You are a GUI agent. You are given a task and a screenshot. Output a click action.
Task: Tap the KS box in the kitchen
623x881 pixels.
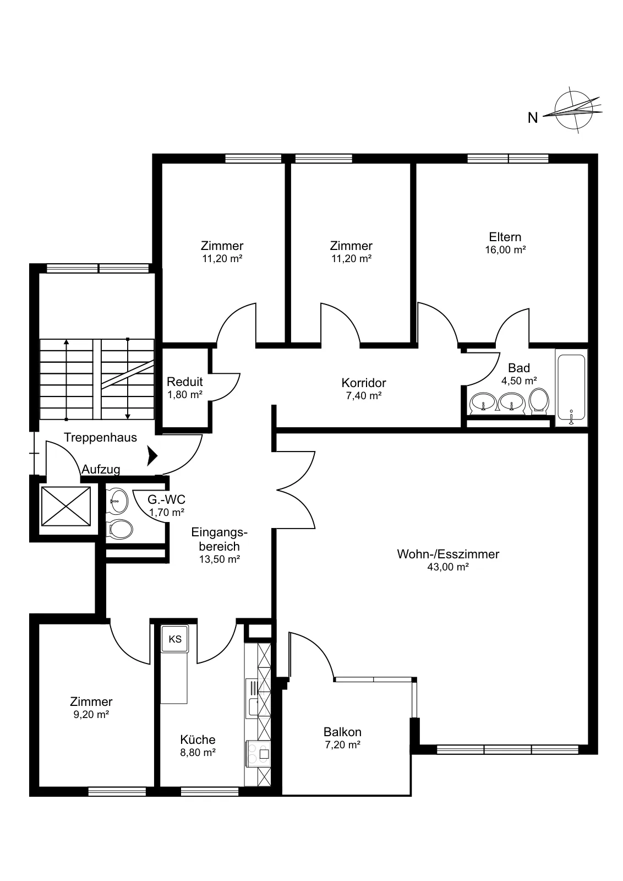[175, 639]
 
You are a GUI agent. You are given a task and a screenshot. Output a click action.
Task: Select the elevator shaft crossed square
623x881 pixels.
[65, 506]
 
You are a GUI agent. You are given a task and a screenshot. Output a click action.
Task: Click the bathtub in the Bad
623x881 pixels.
[571, 388]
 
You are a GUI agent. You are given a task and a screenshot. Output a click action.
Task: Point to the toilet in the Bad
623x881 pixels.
[539, 401]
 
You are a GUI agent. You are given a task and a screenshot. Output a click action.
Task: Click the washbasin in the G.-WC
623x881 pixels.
[117, 501]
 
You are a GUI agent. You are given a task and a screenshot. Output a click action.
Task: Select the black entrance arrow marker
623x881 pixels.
[152, 456]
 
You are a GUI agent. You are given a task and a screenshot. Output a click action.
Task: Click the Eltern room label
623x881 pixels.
[505, 237]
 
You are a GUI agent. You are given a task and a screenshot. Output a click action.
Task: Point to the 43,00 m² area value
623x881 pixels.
[447, 567]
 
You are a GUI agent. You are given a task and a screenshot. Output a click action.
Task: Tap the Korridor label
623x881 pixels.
[364, 383]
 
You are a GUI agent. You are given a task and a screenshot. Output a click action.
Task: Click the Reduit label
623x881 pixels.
[185, 382]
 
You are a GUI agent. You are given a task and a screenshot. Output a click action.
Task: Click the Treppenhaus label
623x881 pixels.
[100, 437]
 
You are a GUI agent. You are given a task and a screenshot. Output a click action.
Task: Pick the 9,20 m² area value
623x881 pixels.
[91, 715]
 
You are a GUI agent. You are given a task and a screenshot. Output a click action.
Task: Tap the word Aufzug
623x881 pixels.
[101, 469]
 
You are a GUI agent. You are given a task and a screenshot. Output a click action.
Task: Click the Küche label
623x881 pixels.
[198, 739]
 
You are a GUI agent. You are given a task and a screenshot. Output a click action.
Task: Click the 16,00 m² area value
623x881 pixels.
[505, 250]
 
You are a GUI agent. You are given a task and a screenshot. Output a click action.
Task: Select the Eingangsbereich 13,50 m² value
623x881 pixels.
[220, 559]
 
